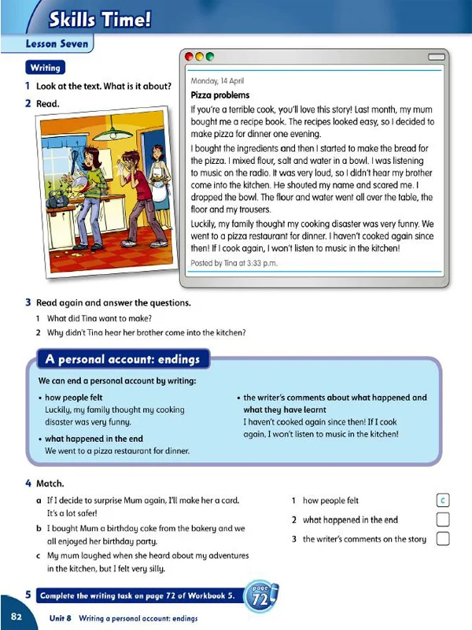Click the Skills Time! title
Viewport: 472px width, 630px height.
click(98, 19)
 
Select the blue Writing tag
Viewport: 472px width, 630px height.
click(46, 68)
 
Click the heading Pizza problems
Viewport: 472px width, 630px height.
click(221, 95)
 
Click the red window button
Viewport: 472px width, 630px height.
click(189, 58)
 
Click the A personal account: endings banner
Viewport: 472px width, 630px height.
click(122, 360)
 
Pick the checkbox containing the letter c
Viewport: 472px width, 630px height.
click(442, 500)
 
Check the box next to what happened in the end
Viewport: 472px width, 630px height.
click(442, 520)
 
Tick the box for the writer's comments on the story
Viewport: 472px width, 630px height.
click(442, 539)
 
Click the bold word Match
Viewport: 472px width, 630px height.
click(50, 483)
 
